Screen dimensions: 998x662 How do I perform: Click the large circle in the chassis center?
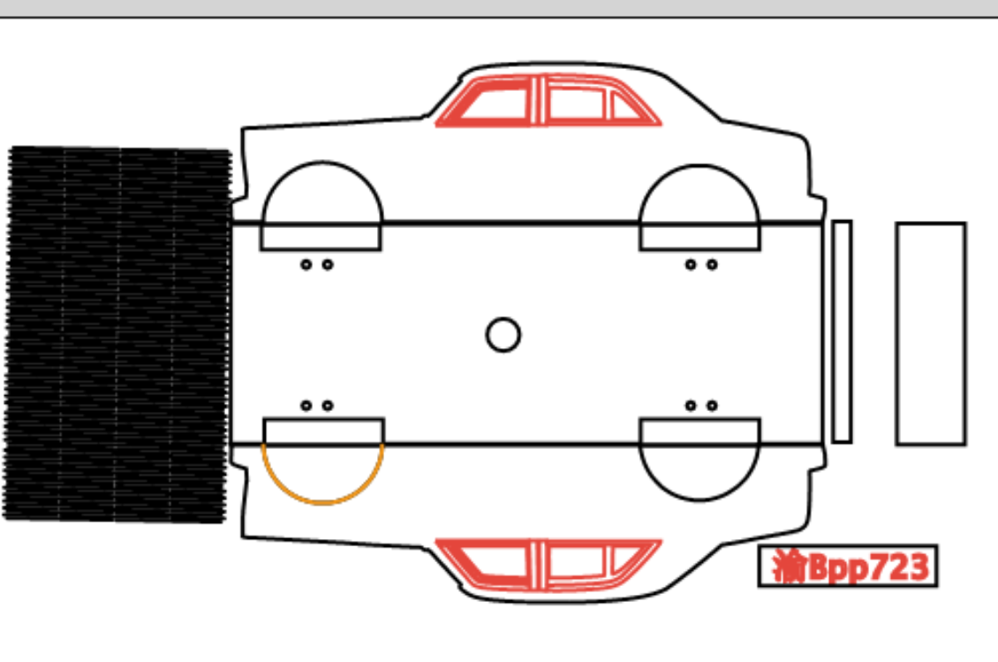click(x=503, y=318)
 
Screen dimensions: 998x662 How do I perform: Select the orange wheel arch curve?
click(x=322, y=503)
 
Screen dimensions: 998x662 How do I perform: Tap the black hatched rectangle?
click(x=117, y=334)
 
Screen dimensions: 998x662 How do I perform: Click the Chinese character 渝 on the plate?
click(x=790, y=566)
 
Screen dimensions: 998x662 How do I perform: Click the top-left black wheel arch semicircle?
click(x=322, y=163)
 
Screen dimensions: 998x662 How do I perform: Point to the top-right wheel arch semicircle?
click(x=699, y=165)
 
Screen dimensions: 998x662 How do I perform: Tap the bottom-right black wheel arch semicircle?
click(x=699, y=498)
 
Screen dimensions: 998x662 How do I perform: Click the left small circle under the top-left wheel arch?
click(x=306, y=264)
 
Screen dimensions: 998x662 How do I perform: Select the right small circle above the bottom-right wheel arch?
click(x=712, y=405)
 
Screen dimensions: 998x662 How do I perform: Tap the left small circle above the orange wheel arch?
click(x=306, y=405)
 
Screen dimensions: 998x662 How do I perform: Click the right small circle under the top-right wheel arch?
click(x=712, y=264)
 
